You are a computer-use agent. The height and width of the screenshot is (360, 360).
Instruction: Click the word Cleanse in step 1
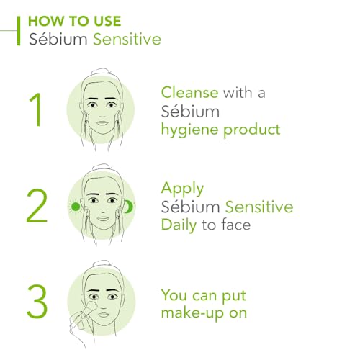pyautogui.click(x=190, y=92)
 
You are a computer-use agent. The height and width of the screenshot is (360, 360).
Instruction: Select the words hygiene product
pyautogui.click(x=220, y=130)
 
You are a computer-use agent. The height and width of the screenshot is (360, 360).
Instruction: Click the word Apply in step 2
pyautogui.click(x=183, y=189)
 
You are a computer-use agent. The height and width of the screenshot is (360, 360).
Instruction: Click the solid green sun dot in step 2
pyautogui.click(x=76, y=206)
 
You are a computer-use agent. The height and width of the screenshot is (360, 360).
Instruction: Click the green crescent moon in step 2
pyautogui.click(x=129, y=207)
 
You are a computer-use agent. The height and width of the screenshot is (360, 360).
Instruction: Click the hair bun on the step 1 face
pyautogui.click(x=102, y=74)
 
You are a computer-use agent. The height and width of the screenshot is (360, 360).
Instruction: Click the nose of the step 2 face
pyautogui.click(x=102, y=210)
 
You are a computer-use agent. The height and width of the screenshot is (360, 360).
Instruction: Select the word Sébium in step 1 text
pyautogui.click(x=190, y=111)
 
